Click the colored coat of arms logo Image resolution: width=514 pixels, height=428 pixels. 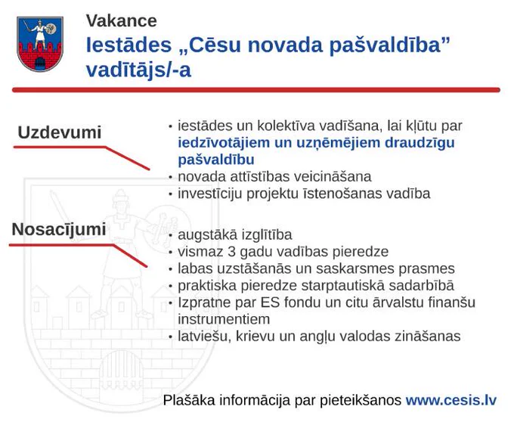tap(39, 44)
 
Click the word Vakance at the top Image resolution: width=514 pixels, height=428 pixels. tap(122, 20)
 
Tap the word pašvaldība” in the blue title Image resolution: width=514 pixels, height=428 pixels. tap(389, 45)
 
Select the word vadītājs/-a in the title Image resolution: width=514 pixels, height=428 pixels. tap(138, 70)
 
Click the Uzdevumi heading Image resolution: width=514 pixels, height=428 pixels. tap(60, 132)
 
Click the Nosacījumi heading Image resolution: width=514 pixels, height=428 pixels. tap(59, 229)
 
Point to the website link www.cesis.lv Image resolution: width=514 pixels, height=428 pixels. tap(451, 400)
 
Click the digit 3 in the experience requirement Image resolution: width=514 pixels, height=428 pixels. tap(232, 252)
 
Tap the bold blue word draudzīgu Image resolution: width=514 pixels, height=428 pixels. tap(420, 143)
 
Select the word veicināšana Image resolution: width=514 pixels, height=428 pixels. tap(333, 176)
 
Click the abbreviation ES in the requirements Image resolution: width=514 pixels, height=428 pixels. tap(270, 302)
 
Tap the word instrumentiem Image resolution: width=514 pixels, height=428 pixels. tap(224, 319)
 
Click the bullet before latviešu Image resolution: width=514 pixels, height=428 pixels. tap(171, 337)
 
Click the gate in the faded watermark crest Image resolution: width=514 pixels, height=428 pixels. tap(121, 370)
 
